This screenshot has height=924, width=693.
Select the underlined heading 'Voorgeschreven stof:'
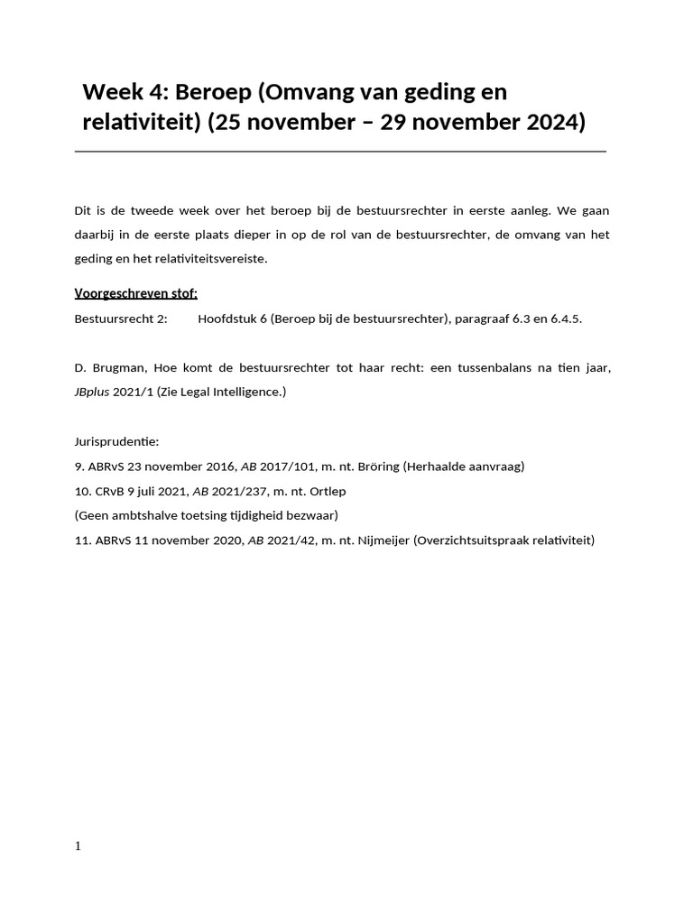(x=135, y=293)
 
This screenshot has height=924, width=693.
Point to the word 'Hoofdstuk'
(x=229, y=319)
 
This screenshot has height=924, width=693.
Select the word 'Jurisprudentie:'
(x=116, y=442)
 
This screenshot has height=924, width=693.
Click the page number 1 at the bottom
(x=78, y=845)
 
